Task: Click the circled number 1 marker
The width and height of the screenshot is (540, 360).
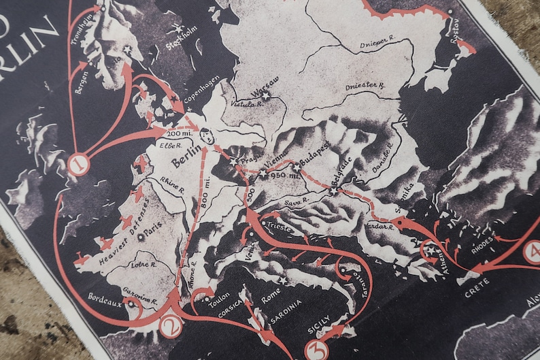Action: pyautogui.click(x=79, y=163)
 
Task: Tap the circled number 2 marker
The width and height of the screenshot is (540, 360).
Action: pyautogui.click(x=170, y=327)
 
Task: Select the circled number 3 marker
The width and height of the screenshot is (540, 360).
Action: pyautogui.click(x=318, y=349)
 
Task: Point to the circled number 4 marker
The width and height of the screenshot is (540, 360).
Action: pyautogui.click(x=533, y=252)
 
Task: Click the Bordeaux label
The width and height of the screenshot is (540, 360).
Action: pyautogui.click(x=105, y=299)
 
